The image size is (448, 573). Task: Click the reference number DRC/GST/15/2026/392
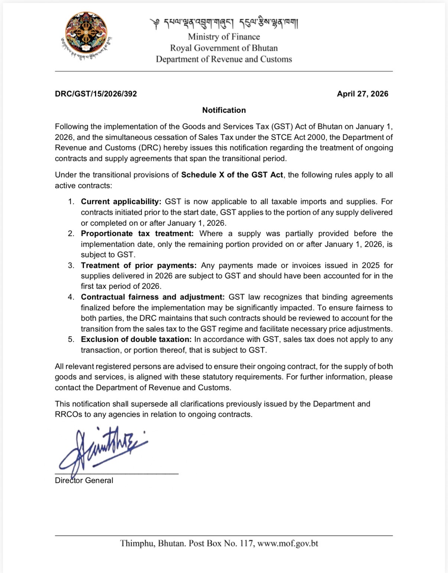[x=96, y=94]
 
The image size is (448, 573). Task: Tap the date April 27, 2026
[x=362, y=94]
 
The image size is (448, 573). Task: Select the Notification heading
[x=224, y=110]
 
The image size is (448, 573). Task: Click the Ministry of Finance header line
[x=224, y=37]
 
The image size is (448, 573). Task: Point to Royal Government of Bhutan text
[x=224, y=48]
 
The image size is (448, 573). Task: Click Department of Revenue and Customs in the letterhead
[x=224, y=59]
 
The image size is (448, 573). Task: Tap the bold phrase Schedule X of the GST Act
[x=232, y=175]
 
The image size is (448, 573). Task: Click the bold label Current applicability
[x=121, y=202]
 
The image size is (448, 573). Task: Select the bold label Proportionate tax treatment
[x=137, y=234]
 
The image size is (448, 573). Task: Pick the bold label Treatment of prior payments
[x=138, y=266]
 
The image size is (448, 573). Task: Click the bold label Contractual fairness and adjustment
[x=153, y=297]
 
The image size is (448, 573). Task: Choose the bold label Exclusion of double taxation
[x=136, y=339]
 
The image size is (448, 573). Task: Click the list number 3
[x=71, y=266]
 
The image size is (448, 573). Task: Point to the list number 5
[x=71, y=339]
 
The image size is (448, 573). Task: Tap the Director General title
[x=84, y=481]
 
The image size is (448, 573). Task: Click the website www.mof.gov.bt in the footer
[x=288, y=544]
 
